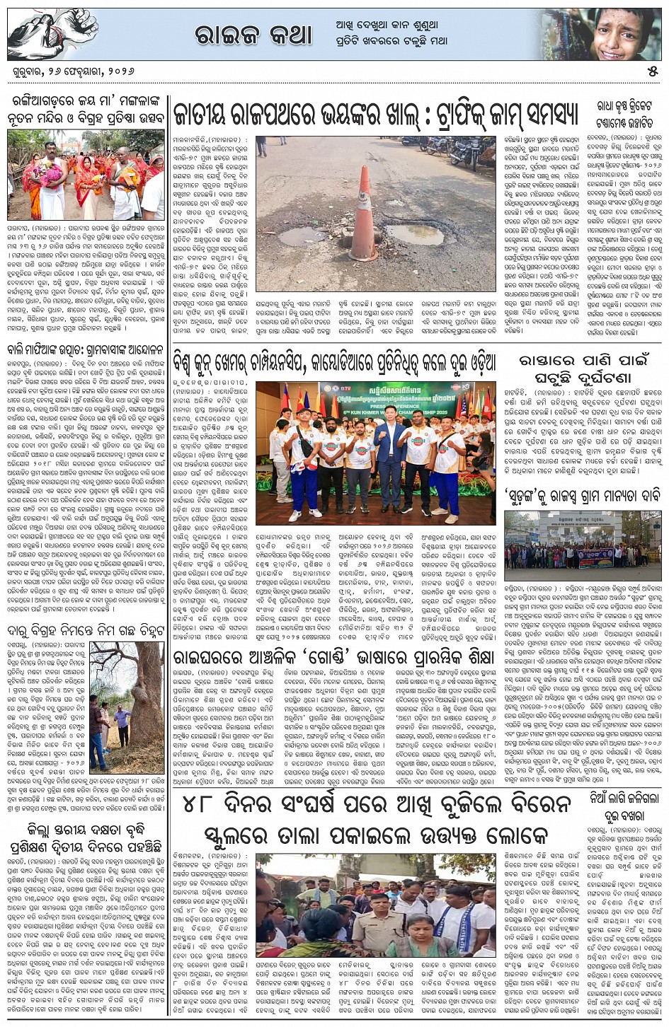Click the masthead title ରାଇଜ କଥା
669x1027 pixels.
point(253,33)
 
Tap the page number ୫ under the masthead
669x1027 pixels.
point(652,71)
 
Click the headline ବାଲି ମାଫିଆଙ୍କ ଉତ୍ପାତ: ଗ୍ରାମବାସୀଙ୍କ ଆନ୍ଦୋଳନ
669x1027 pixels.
point(86,349)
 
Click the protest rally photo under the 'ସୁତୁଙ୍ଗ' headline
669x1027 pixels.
point(583,540)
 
